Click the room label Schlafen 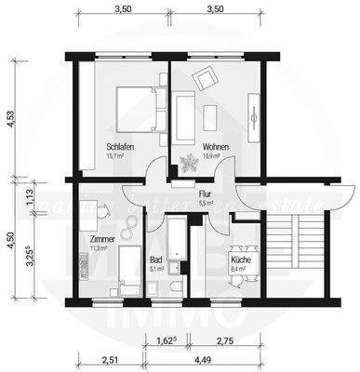point(119,147)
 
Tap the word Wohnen point(214,147)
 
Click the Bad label point(155,259)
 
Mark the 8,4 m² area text point(237,269)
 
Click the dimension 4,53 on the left point(11,122)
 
